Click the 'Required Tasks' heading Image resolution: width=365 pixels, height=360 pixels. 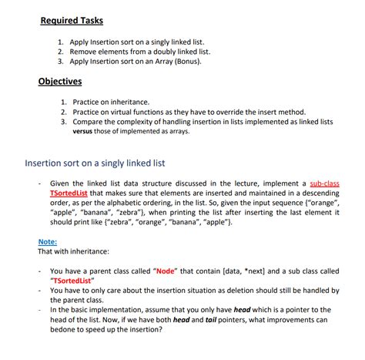(x=71, y=20)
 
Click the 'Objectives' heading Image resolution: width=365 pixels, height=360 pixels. (x=60, y=82)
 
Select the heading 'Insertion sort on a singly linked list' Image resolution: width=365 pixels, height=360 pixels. (x=96, y=163)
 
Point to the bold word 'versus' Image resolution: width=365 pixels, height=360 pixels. (x=87, y=131)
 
